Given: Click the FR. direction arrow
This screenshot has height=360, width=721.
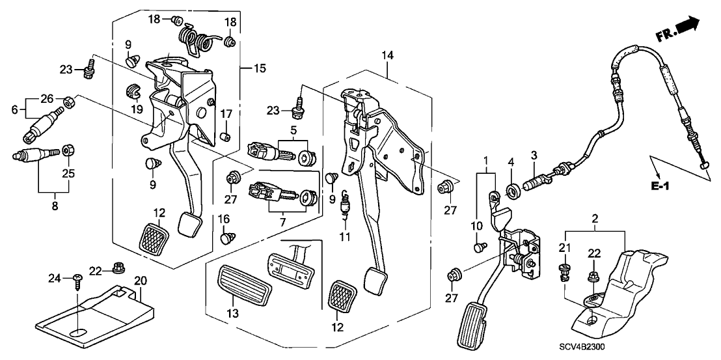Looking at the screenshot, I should click(x=688, y=27).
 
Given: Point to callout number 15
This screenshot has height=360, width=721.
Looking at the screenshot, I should click(x=260, y=68).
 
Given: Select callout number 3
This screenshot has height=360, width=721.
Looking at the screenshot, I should click(x=534, y=154).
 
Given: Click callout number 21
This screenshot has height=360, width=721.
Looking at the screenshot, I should click(x=564, y=247).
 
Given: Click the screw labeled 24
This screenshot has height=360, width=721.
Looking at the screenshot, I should click(x=78, y=281).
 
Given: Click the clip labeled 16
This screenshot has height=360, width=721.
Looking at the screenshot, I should click(x=226, y=239).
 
